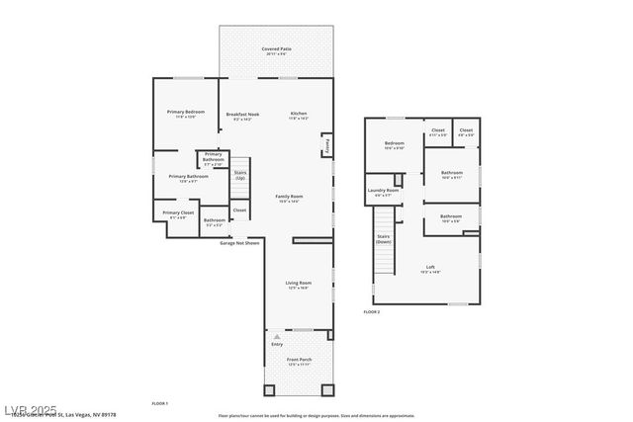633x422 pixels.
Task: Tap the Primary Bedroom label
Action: (x=185, y=112)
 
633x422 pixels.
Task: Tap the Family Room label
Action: (x=289, y=196)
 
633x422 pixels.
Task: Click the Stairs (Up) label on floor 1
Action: (x=240, y=176)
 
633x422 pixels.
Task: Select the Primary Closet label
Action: (x=179, y=212)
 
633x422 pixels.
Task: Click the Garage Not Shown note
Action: (x=239, y=242)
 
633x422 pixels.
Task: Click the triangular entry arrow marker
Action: (x=277, y=336)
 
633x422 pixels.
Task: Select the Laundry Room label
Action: (x=383, y=190)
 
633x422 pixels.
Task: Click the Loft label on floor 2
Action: (x=430, y=267)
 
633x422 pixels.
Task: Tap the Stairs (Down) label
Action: (x=383, y=238)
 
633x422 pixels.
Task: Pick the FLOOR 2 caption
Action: (x=372, y=312)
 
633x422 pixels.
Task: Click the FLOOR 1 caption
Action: (x=159, y=403)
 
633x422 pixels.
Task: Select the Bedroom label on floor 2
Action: (x=395, y=143)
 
